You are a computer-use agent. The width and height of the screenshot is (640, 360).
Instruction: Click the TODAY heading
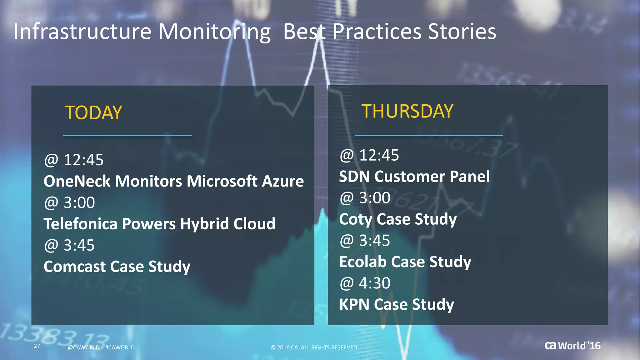pos(93,113)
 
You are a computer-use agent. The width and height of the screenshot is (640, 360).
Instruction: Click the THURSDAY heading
pos(407,111)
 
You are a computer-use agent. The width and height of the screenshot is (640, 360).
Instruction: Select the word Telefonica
pos(80,224)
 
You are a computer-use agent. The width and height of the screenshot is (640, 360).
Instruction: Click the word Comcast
pos(75,267)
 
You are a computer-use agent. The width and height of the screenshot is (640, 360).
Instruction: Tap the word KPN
pos(354,304)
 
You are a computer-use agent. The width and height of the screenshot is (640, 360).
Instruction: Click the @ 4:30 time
pos(365,283)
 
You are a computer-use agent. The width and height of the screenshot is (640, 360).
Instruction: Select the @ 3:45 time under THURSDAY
pos(365,241)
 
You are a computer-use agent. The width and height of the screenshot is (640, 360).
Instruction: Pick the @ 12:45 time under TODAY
pos(74,160)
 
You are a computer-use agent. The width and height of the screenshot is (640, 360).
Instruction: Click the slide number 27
pos(37,346)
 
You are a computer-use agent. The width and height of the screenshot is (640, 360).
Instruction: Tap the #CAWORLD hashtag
pos(120,347)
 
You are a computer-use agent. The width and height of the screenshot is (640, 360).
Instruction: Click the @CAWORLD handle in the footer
pos(83,347)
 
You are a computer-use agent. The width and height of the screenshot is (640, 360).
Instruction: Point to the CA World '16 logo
pos(572,346)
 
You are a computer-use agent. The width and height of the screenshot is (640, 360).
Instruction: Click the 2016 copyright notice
pos(314,347)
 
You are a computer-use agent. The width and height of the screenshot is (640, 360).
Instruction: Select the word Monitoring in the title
pos(214,32)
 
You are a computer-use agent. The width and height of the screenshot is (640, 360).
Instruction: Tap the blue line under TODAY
pos(127,135)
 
